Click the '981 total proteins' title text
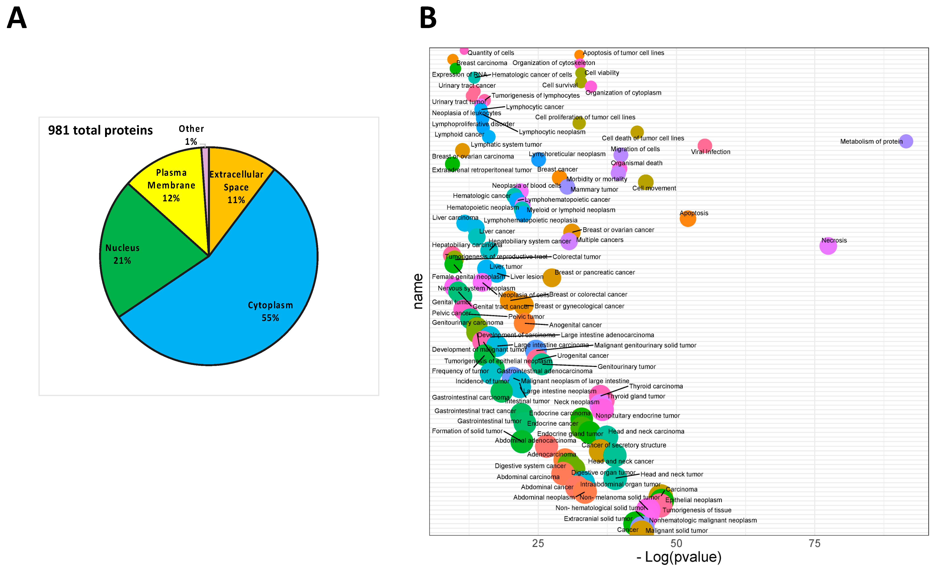click(x=100, y=130)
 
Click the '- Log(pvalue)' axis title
click(x=679, y=557)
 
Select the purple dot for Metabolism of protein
click(x=906, y=141)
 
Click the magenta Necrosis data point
click(x=828, y=246)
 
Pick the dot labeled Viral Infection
click(x=704, y=145)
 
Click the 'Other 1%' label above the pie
click(x=191, y=135)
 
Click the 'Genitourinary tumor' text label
click(x=626, y=367)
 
